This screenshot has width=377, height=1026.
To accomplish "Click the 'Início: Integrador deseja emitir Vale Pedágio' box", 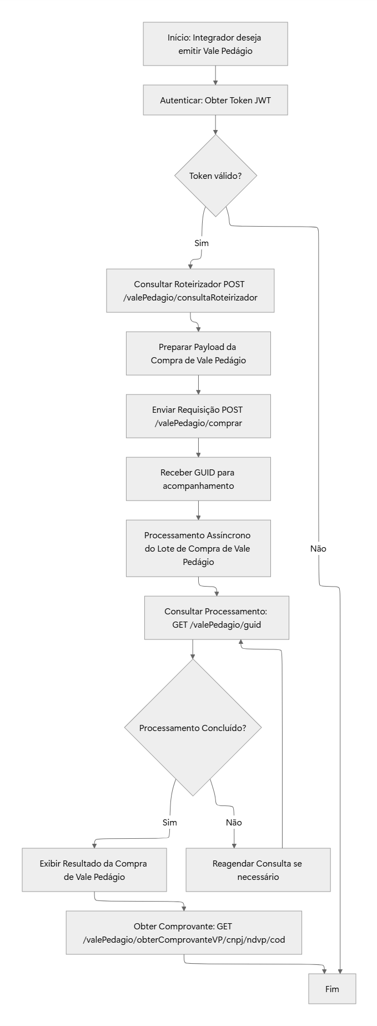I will coord(215,44).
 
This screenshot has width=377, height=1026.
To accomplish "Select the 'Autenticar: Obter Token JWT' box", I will coord(215,100).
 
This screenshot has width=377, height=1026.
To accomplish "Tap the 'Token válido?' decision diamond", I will coord(215,176).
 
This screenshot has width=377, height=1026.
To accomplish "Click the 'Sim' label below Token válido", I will coord(202,243).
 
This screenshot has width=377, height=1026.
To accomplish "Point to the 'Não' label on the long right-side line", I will coord(318,548).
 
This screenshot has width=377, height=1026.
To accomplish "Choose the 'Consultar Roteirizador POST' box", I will coord(190,291).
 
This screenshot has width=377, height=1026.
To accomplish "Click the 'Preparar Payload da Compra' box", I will coord(198,353).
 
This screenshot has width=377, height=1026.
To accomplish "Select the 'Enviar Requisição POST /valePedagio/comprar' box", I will coord(198,416).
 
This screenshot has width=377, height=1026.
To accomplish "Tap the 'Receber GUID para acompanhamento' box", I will coord(198,479).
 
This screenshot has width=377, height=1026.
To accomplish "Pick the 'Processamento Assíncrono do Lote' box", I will coord(198,548).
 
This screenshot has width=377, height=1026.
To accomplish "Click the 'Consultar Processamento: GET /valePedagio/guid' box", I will coord(217,618).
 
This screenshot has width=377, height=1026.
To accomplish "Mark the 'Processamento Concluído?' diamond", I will coord(193,728).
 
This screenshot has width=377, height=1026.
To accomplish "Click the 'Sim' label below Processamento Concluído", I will coord(170,822).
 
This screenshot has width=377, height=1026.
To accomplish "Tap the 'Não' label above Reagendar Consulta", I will coord(234,822).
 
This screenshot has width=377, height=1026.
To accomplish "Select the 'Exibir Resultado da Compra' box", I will coord(94,870).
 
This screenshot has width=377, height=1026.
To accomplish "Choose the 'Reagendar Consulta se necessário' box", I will coord(258,870).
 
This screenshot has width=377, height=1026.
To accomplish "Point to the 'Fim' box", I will coord(332,989).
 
